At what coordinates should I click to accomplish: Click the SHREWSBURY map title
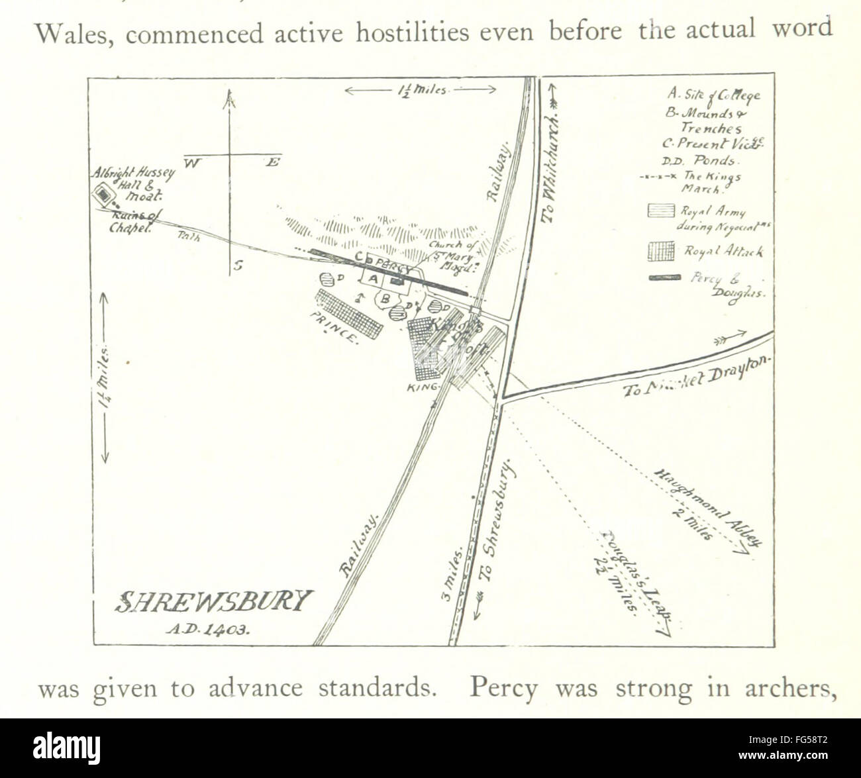(213, 601)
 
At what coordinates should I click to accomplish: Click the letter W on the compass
(191, 162)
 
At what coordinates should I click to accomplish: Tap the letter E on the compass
(272, 162)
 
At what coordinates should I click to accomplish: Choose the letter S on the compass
(238, 266)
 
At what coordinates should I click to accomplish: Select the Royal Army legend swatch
(660, 211)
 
